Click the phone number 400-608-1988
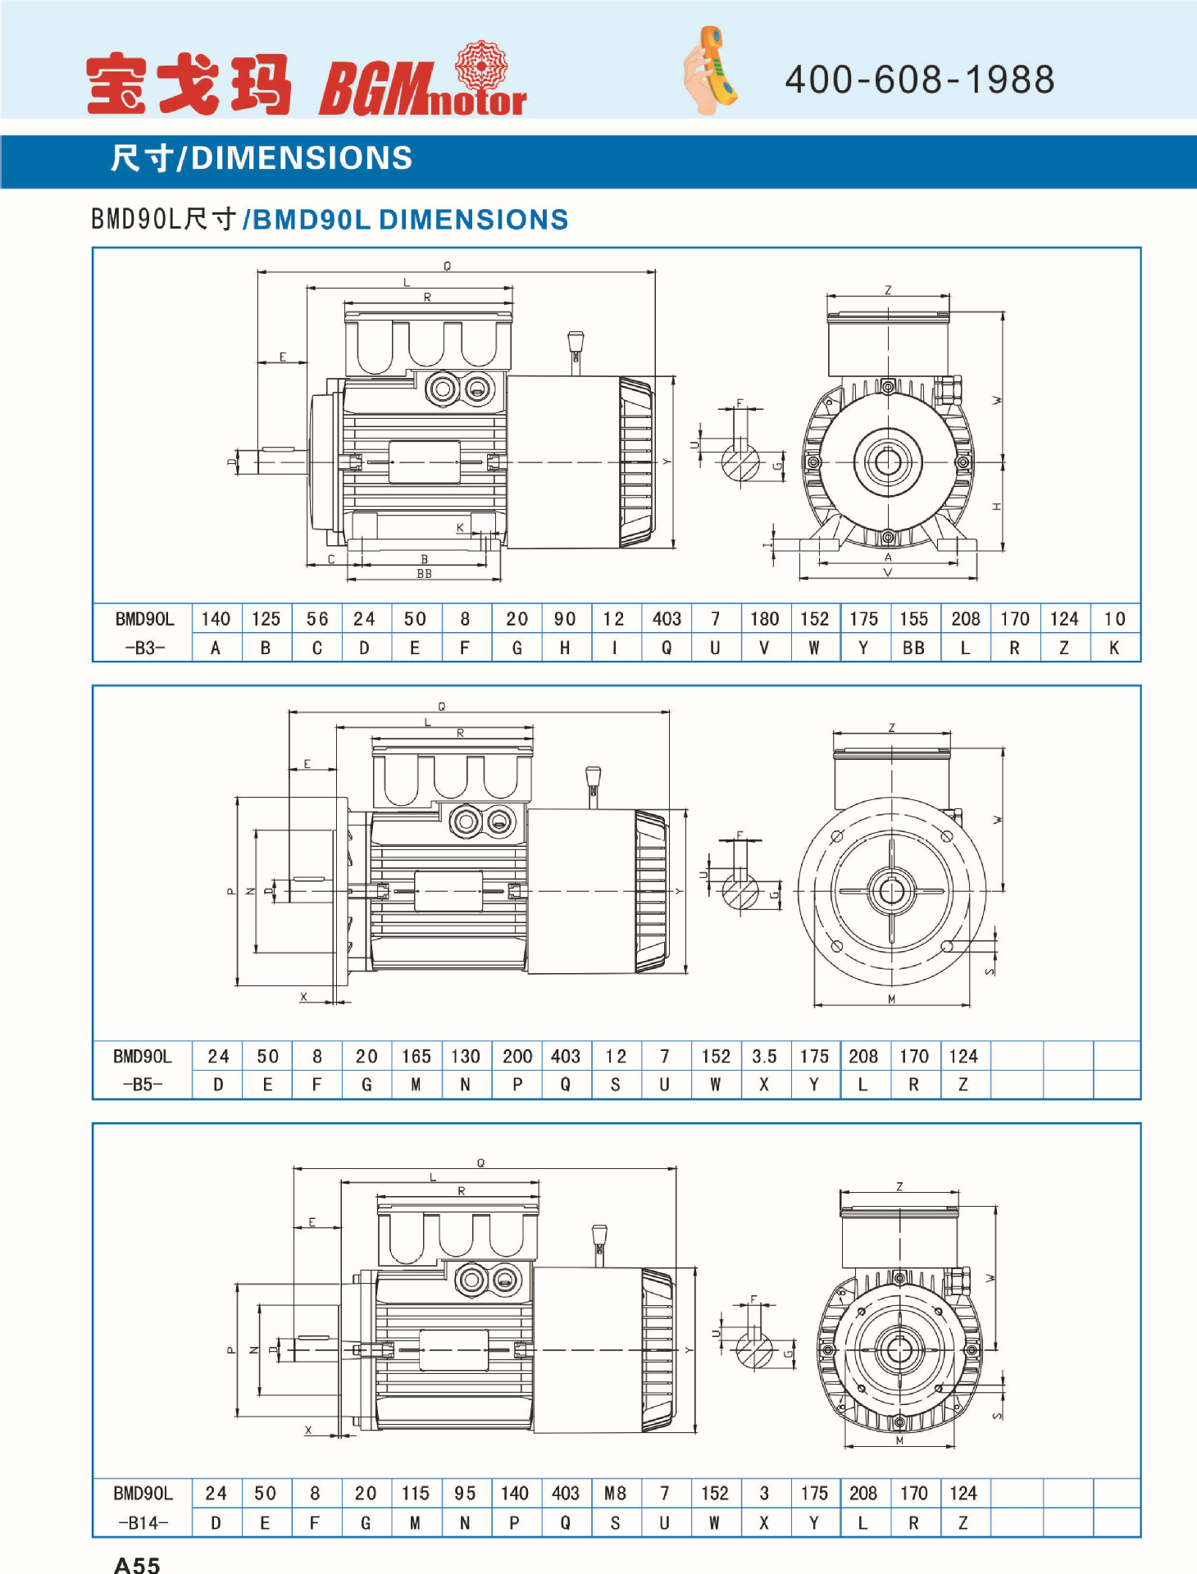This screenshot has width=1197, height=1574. click(x=919, y=80)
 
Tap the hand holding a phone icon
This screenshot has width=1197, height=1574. click(x=710, y=71)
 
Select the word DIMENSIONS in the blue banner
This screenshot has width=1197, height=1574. click(x=301, y=158)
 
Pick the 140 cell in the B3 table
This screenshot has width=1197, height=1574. click(x=216, y=619)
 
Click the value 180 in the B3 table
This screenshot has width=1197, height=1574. click(x=764, y=619)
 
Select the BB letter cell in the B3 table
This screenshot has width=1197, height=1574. click(x=913, y=648)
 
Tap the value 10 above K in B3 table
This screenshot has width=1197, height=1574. click(x=1114, y=619)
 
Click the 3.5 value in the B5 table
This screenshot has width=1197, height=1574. click(x=764, y=1056)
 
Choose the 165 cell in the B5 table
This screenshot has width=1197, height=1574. click(x=416, y=1056)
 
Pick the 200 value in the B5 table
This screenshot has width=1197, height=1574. click(x=517, y=1056)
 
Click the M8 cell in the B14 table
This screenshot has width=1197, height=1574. click(x=615, y=1494)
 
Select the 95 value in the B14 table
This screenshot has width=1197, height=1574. click(x=465, y=1494)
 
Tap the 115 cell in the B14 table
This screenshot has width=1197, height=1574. click(x=416, y=1494)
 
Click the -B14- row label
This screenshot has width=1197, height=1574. click(x=144, y=1522)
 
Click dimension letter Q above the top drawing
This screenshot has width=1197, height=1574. click(x=447, y=266)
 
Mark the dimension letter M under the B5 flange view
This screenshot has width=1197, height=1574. click(x=891, y=999)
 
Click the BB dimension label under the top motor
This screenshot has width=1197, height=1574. click(x=424, y=574)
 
